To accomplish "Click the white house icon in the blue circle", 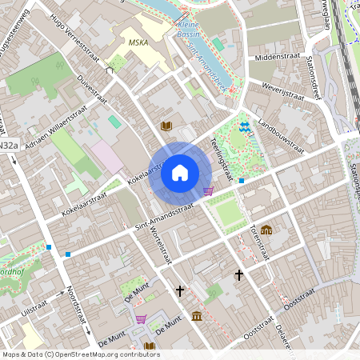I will click(x=180, y=172).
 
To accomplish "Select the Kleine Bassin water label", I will click(x=188, y=30).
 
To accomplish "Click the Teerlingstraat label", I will click(x=221, y=154).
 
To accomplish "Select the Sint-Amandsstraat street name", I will click(x=165, y=218).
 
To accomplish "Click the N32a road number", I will click(x=8, y=146).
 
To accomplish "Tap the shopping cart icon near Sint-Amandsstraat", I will click(x=209, y=191).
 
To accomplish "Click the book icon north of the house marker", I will click(x=166, y=126).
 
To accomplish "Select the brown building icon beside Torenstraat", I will click(x=266, y=230).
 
